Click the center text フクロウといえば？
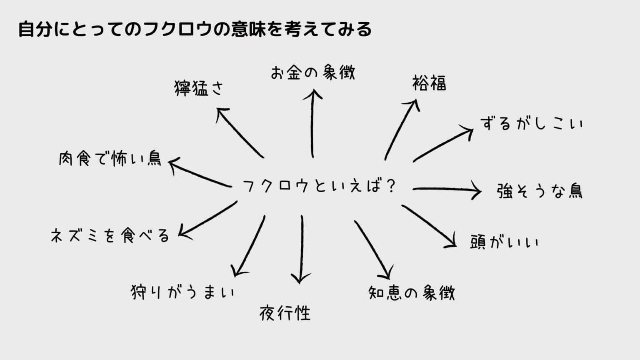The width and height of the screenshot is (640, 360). pyautogui.click(x=319, y=186)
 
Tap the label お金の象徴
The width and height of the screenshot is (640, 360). pyautogui.click(x=312, y=72)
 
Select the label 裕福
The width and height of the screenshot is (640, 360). pyautogui.click(x=429, y=83)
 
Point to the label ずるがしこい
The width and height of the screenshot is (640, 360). pyautogui.click(x=531, y=123)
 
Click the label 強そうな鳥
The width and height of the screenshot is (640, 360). pyautogui.click(x=540, y=191)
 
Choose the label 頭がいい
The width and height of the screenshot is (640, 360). pyautogui.click(x=504, y=242)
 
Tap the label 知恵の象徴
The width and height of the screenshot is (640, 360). pyautogui.click(x=412, y=293)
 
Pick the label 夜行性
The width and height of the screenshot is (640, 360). pyautogui.click(x=285, y=312)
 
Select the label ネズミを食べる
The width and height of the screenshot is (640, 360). pyautogui.click(x=110, y=236)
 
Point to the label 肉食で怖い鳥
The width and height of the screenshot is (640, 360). pyautogui.click(x=110, y=159)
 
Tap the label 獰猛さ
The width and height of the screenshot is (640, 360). pyautogui.click(x=199, y=88)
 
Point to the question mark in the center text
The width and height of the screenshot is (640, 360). pyautogui.click(x=390, y=186)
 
